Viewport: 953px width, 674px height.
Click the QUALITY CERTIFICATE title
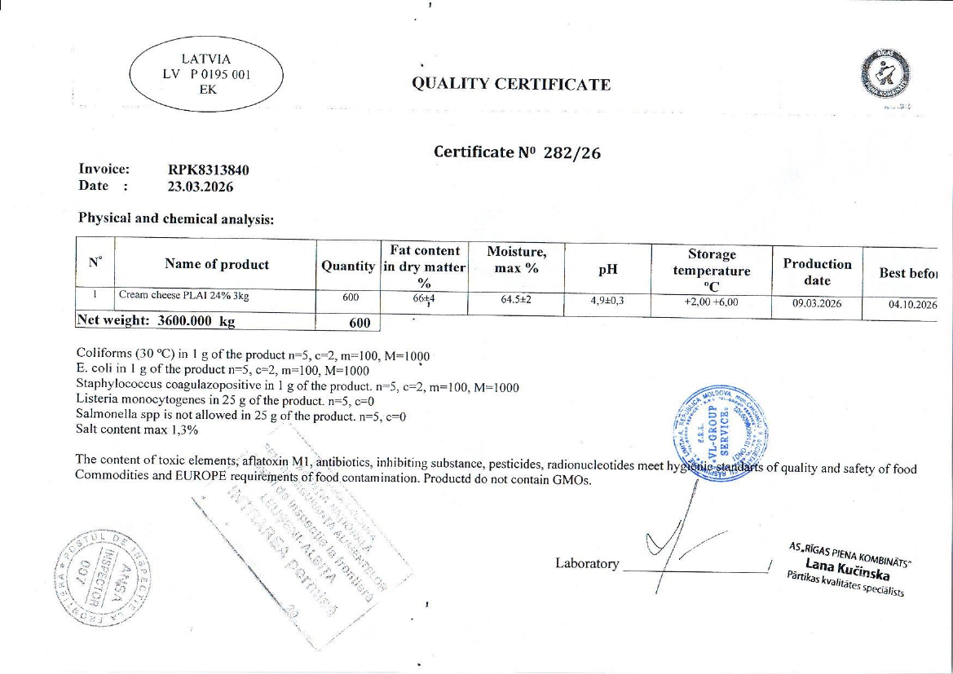click(x=511, y=84)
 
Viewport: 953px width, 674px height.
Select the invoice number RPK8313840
click(x=208, y=170)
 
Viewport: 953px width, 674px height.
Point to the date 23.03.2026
click(x=201, y=187)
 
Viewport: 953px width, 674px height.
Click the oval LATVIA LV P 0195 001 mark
click(x=207, y=73)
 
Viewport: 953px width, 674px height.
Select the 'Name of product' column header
click(x=216, y=264)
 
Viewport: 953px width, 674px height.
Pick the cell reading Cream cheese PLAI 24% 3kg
click(x=183, y=296)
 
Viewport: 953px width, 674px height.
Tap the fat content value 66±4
click(x=424, y=298)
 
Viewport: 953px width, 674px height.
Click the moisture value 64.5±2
click(x=515, y=299)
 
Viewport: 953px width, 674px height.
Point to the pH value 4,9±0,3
click(x=607, y=301)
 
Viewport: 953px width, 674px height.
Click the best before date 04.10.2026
click(x=912, y=305)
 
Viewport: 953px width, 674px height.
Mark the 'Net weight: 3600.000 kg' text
click(x=156, y=320)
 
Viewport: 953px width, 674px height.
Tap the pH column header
click(x=607, y=268)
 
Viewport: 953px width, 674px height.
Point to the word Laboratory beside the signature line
click(x=587, y=563)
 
